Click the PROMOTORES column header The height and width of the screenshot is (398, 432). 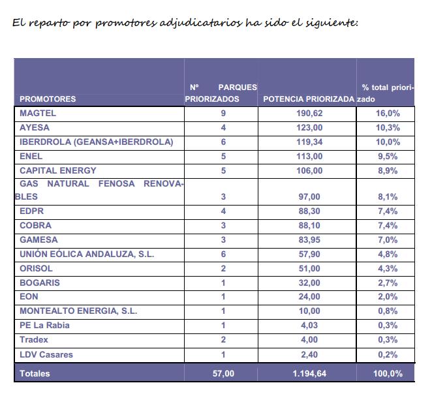point(48,99)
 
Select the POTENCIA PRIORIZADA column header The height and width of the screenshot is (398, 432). point(309,99)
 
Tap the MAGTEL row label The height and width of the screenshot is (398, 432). point(38,114)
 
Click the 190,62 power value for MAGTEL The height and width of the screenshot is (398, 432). point(309,114)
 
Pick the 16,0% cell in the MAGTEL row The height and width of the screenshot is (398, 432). point(388,114)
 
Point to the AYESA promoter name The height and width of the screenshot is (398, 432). point(35,127)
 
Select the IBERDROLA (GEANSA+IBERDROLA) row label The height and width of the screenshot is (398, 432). point(97,142)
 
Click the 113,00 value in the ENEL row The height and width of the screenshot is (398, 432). point(309,156)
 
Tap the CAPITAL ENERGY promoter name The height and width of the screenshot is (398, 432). point(58,170)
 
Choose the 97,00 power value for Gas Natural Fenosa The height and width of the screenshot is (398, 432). point(309,196)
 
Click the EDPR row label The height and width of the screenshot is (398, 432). point(32,211)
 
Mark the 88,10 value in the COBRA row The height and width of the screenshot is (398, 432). point(309,225)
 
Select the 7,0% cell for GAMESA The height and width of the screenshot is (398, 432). point(388,239)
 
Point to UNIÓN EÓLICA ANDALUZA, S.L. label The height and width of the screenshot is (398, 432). point(87,254)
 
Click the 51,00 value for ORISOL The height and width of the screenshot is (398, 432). point(309,268)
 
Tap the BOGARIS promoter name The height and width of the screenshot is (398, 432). point(40,283)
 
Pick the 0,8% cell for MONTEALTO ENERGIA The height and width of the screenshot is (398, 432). point(388,311)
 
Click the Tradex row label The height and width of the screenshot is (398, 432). point(34,340)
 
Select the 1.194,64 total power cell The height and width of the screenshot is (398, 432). point(309,373)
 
